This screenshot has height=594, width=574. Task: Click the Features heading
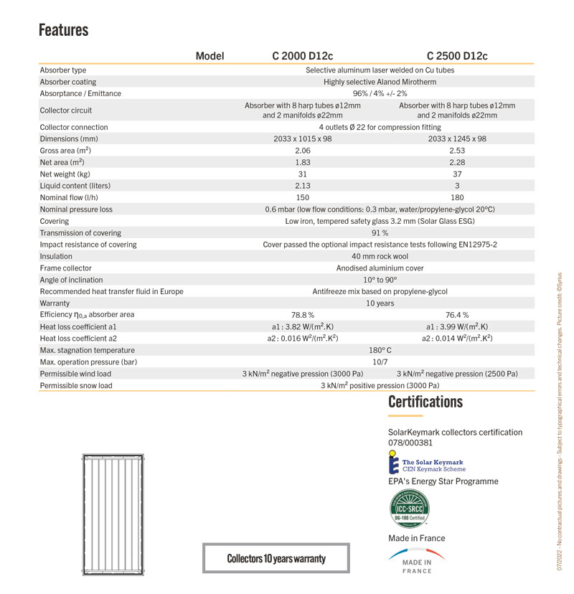coord(63,30)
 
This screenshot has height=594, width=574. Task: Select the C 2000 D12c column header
coord(302,56)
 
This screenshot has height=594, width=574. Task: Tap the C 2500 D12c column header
coord(457,56)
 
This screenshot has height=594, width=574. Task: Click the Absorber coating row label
coord(68,82)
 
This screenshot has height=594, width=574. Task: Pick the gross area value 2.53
coord(457,151)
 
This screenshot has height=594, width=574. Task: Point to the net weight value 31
coord(302,174)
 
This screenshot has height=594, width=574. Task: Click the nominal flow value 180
coord(457,197)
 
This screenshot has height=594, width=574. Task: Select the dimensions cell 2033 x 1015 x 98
coord(302,138)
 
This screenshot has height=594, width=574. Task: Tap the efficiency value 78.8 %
coord(302,315)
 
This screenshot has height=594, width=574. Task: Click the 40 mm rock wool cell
coord(380,256)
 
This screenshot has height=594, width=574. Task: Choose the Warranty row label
coord(56,303)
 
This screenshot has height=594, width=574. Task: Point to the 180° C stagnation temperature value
coord(380,350)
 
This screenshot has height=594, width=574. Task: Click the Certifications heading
coord(425,402)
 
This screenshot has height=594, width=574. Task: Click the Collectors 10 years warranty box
coord(276,558)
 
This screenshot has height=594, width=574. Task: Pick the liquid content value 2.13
coord(302,185)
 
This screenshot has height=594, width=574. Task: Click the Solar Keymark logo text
coord(433,466)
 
